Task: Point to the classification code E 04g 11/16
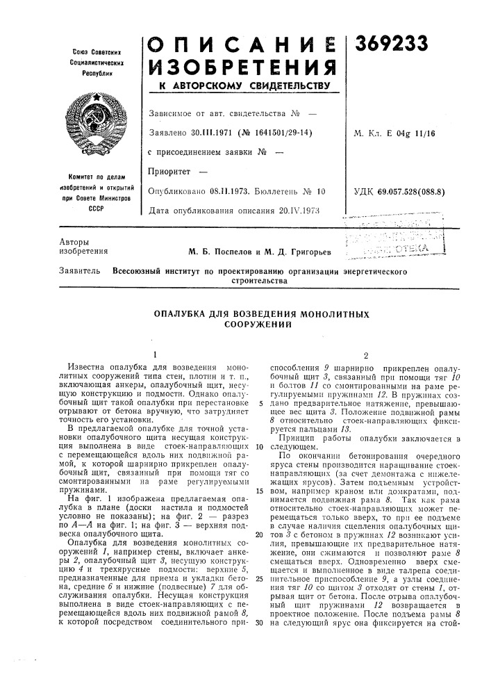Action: coord(415,133)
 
